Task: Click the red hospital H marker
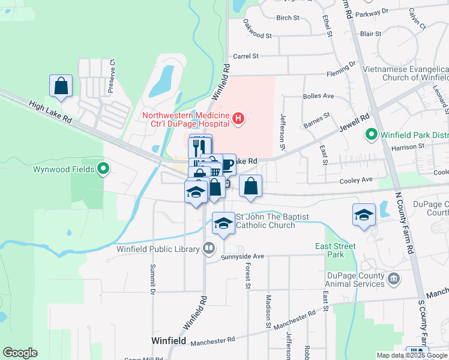click(238, 118)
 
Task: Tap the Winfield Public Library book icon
click(208, 247)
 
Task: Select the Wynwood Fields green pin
click(103, 169)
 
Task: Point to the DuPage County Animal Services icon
click(394, 278)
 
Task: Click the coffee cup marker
click(227, 165)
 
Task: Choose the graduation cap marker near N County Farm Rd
click(364, 215)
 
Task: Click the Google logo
click(20, 353)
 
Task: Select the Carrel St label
click(246, 56)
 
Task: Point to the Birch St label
click(288, 18)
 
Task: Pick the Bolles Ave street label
click(319, 96)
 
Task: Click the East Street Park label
click(336, 250)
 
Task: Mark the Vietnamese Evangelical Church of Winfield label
click(406, 73)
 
